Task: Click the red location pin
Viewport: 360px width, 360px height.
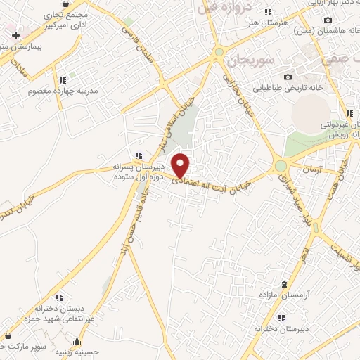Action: click(181, 165)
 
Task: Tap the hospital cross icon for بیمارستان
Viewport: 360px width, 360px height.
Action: click(15, 34)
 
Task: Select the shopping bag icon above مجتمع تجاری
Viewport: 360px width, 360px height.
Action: click(65, 4)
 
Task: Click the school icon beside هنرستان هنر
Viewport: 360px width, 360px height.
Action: click(267, 12)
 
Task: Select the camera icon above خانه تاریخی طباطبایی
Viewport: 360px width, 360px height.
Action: click(287, 77)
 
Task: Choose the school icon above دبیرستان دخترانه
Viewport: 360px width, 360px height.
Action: click(281, 317)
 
